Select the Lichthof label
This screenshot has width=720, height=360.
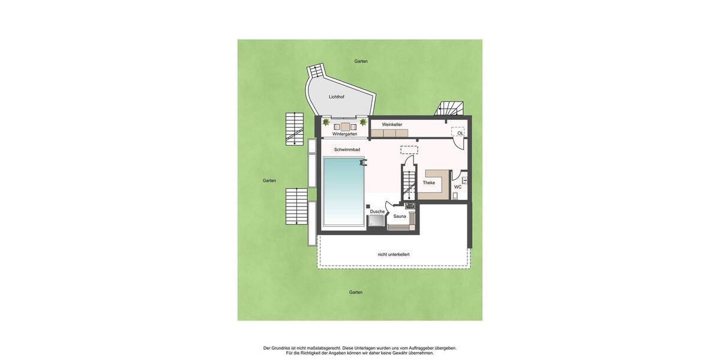click(337, 97)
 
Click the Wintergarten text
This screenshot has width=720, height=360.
click(344, 134)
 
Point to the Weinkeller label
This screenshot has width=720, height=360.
click(392, 124)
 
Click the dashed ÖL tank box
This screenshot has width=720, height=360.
click(458, 132)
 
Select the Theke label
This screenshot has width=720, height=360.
click(429, 182)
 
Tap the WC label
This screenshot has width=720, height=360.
click(458, 187)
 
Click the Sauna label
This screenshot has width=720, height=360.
click(400, 216)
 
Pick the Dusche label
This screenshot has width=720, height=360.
click(377, 211)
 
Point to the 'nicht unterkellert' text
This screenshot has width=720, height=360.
click(394, 254)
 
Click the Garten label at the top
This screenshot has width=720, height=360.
click(361, 61)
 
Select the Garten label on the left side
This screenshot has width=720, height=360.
click(269, 180)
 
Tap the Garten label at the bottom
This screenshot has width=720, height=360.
click(356, 292)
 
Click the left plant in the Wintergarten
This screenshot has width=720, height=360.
click(326, 122)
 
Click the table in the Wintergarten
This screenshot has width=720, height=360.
click(345, 126)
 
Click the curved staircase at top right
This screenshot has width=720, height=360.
click(449, 109)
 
